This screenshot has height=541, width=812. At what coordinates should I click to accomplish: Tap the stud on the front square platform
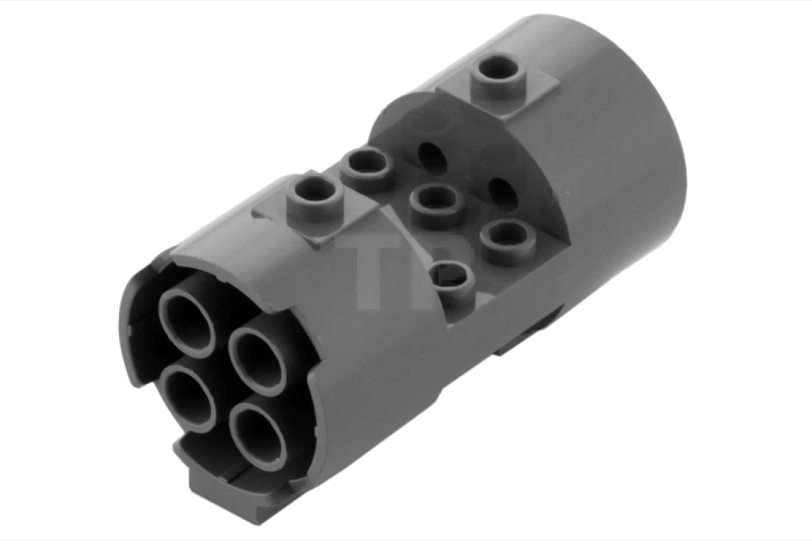[x=314, y=197]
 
